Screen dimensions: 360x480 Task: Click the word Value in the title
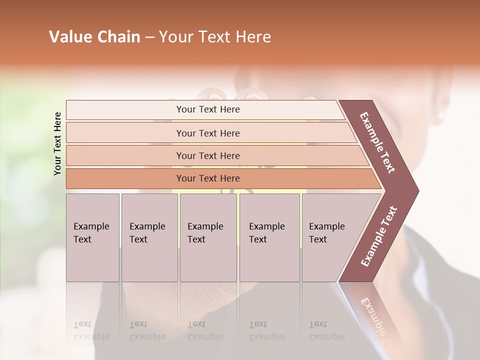pyautogui.click(x=69, y=37)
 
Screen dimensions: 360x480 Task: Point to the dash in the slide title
pyautogui.click(x=149, y=37)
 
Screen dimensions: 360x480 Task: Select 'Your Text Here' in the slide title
pyautogui.click(x=215, y=37)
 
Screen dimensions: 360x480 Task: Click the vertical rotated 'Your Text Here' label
pyautogui.click(x=57, y=143)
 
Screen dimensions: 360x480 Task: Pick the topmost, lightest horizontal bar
pyautogui.click(x=207, y=109)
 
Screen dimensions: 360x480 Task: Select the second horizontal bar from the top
pyautogui.click(x=207, y=133)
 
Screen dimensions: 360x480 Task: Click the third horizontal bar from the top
pyautogui.click(x=207, y=155)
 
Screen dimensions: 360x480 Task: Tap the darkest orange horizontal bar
pyautogui.click(x=207, y=178)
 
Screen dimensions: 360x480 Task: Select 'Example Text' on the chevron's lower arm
pyautogui.click(x=379, y=236)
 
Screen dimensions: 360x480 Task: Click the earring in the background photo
pyautogui.click(x=441, y=116)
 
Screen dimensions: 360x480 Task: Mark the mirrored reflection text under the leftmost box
pyautogui.click(x=91, y=330)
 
